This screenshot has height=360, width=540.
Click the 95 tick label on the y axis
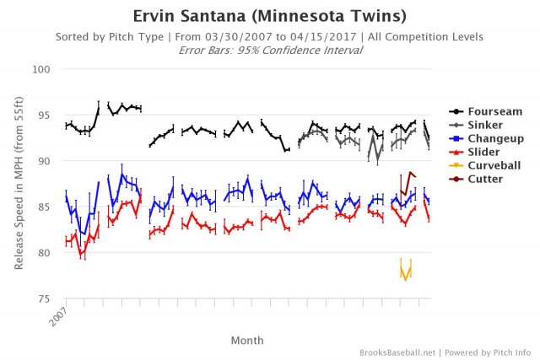pyautogui.click(x=47, y=115)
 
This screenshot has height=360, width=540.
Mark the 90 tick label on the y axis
pyautogui.click(x=47, y=161)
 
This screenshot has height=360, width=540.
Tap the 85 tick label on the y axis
pyautogui.click(x=47, y=207)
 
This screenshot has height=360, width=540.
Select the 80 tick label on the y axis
pyautogui.click(x=47, y=253)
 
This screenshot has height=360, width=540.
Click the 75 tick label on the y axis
pyautogui.click(x=47, y=298)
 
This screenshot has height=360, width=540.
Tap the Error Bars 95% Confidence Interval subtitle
pyautogui.click(x=269, y=50)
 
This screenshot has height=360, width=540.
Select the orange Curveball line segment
pyautogui.click(x=405, y=272)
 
